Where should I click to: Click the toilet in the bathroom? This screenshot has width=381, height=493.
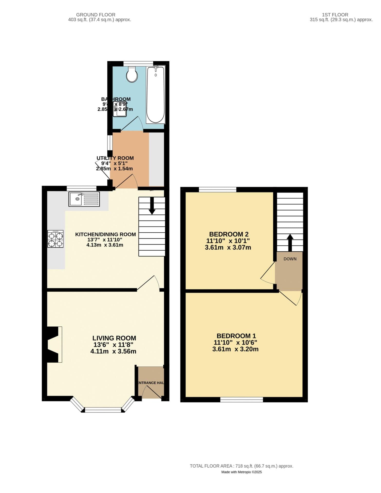coord(132,74)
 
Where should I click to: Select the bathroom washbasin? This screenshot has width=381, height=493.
coord(120,109)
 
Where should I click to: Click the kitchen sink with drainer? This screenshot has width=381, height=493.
coord(84,199)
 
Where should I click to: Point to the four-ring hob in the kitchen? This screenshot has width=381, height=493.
coord(55,239)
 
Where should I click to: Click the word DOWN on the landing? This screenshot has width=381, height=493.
coord(290,259)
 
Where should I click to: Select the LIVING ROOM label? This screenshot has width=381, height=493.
coord(114,338)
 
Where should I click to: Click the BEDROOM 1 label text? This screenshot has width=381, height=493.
coord(236,336)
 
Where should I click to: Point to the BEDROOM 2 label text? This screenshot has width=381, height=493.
coord(229,234)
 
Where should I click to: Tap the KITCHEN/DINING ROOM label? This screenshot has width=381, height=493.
coord(105,234)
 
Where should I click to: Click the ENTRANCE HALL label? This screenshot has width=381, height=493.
coord(151,383)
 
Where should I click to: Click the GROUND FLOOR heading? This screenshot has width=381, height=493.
coord(96,15)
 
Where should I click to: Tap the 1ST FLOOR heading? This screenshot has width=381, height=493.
coord(335,15)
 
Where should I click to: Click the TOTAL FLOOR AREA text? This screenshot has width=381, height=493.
coord(241,466)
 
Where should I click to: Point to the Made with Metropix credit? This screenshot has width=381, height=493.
coord(241,472)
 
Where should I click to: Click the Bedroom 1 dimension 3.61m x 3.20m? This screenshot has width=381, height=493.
coord(235,349)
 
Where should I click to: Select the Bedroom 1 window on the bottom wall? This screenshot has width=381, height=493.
coord(241,400)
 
